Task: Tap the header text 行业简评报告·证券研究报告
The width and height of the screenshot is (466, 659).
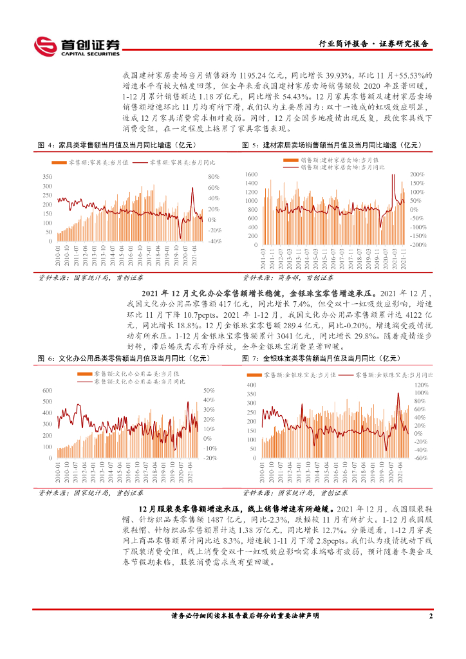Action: pyautogui.click(x=374, y=44)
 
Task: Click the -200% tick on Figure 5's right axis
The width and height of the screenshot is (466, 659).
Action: pyautogui.click(x=418, y=245)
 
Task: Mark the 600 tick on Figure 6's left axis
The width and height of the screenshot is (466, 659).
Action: pyautogui.click(x=47, y=391)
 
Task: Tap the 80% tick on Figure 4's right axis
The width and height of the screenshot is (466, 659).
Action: pyautogui.click(x=214, y=177)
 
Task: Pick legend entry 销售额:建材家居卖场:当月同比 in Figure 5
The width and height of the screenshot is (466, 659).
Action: pyautogui.click(x=342, y=167)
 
